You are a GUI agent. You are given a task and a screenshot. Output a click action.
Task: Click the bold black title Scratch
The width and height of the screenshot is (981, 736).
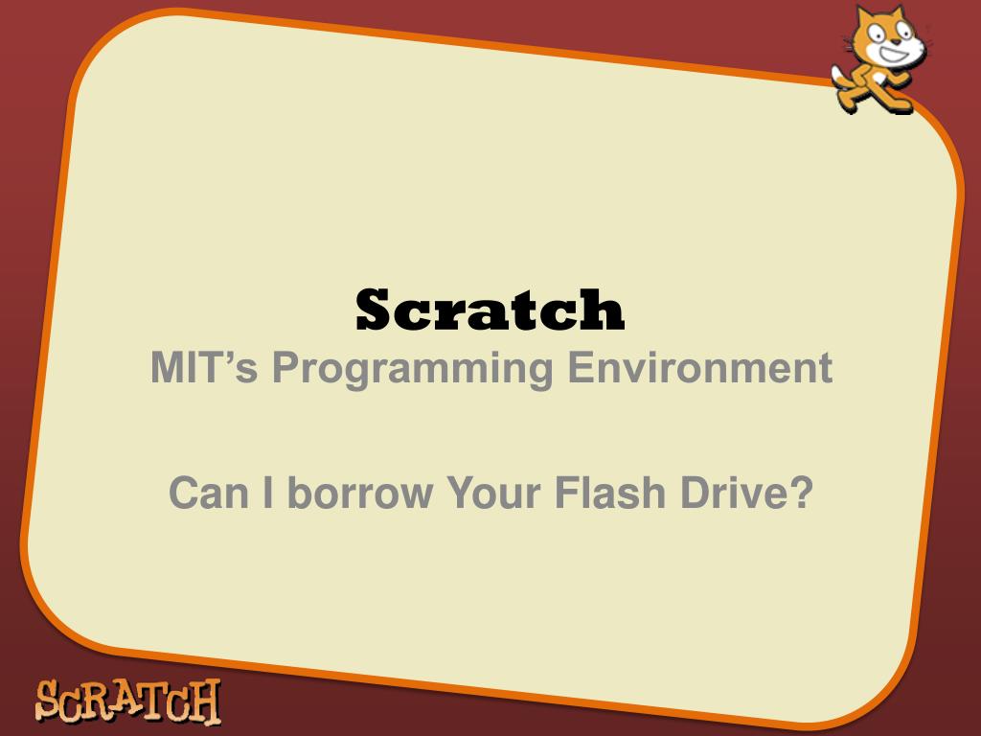pyautogui.click(x=490, y=310)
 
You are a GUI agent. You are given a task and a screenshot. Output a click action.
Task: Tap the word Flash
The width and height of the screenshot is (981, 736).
pyautogui.click(x=612, y=494)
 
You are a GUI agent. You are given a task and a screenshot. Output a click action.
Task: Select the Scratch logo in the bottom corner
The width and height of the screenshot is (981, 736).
pyautogui.click(x=127, y=701)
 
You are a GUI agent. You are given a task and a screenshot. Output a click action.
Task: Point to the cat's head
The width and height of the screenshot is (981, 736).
pyautogui.click(x=886, y=38)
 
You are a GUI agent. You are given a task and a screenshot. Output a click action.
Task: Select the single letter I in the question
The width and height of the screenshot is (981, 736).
pyautogui.click(x=270, y=494)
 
